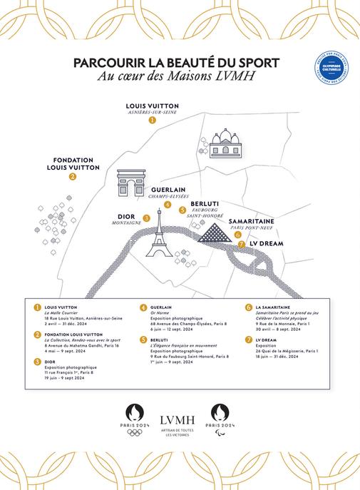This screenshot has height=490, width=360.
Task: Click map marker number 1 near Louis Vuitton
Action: coord(152,121)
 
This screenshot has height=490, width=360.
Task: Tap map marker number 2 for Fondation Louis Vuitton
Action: coord(73,177)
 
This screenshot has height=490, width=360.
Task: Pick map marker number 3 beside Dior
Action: coord(146,218)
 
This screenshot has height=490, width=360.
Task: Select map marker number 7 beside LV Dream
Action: coord(242,243)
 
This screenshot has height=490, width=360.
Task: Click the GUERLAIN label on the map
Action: coord(168,190)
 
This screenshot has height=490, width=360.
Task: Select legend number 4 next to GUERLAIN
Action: coord(143,307)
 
